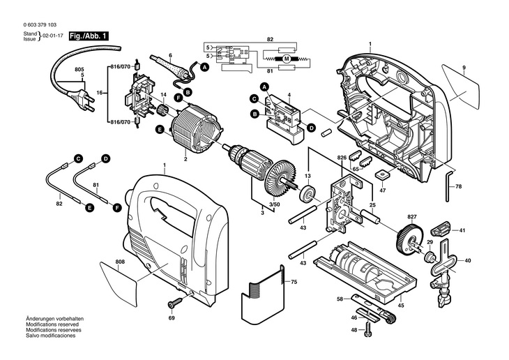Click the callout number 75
pyautogui.click(x=294, y=281)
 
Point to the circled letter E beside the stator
pyautogui.click(x=160, y=130)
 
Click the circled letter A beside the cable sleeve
pyautogui.click(x=205, y=67)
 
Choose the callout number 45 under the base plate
pyautogui.click(x=401, y=304)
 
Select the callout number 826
pyautogui.click(x=341, y=158)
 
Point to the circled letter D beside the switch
pyautogui.click(x=311, y=128)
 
